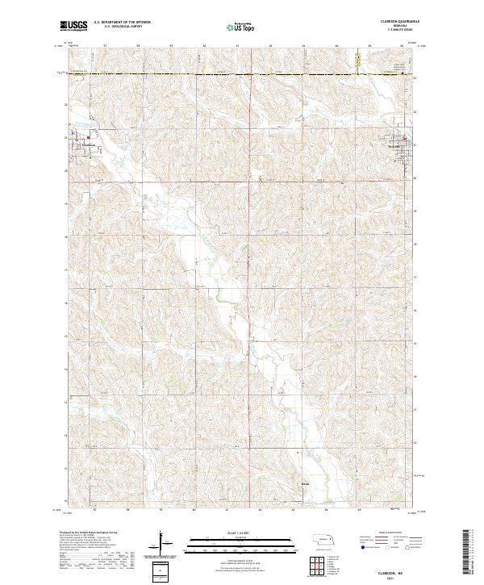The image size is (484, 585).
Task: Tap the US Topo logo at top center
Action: pyautogui.click(x=241, y=27)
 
